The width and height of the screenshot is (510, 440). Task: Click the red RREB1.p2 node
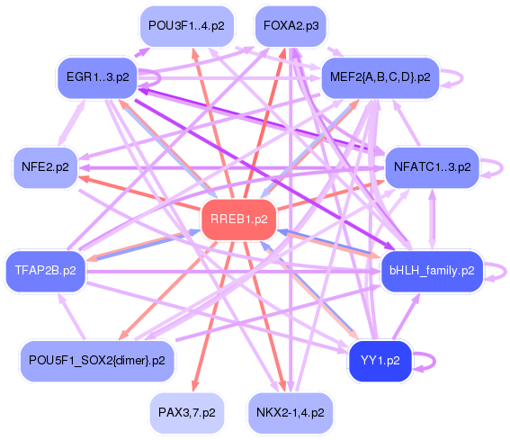coord(239,220)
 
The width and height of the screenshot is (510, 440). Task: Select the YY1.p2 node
coord(380,361)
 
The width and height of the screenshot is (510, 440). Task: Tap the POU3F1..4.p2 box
coord(187,26)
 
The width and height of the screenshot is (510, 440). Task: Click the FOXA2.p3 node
coord(291,26)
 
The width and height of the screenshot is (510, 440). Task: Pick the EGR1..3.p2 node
coord(97,77)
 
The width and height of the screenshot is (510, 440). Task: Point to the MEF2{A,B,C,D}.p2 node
coord(380,77)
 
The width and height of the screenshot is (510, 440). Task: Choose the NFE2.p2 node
coord(45,167)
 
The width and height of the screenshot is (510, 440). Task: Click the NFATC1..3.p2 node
coord(433,167)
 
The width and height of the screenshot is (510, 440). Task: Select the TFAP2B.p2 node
coord(46,271)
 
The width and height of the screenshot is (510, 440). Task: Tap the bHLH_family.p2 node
coord(432,271)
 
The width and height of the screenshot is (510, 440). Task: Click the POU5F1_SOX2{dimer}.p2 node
coord(97,361)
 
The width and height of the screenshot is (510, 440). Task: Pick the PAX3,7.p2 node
coord(187,413)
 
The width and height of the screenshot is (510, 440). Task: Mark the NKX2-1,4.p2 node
coord(291,413)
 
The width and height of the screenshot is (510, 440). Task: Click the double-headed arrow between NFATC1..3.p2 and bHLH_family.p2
coord(433,220)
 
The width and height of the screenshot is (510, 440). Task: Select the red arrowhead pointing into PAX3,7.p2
coord(195,386)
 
